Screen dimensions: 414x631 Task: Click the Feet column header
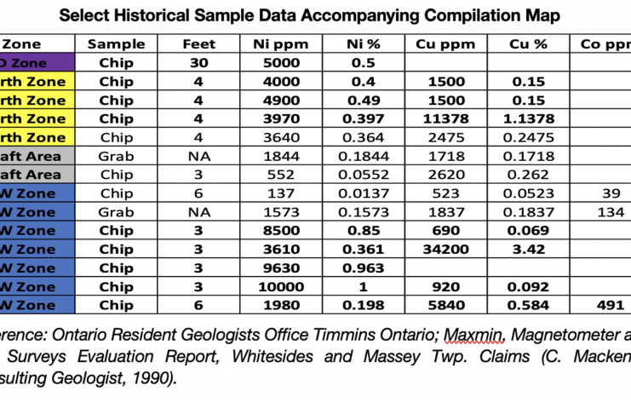point(199,43)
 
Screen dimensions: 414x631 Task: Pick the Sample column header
point(117,43)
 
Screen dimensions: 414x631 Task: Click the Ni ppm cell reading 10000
point(280,286)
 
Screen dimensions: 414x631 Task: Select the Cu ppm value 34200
point(446,249)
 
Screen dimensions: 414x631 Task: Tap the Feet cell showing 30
point(199,62)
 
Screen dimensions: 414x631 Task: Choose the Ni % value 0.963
point(364,267)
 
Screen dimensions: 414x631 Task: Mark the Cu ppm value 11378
point(446,118)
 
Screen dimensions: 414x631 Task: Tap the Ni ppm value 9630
point(280,267)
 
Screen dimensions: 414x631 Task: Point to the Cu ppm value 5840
point(446,305)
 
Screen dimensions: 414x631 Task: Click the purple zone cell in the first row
point(37,62)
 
